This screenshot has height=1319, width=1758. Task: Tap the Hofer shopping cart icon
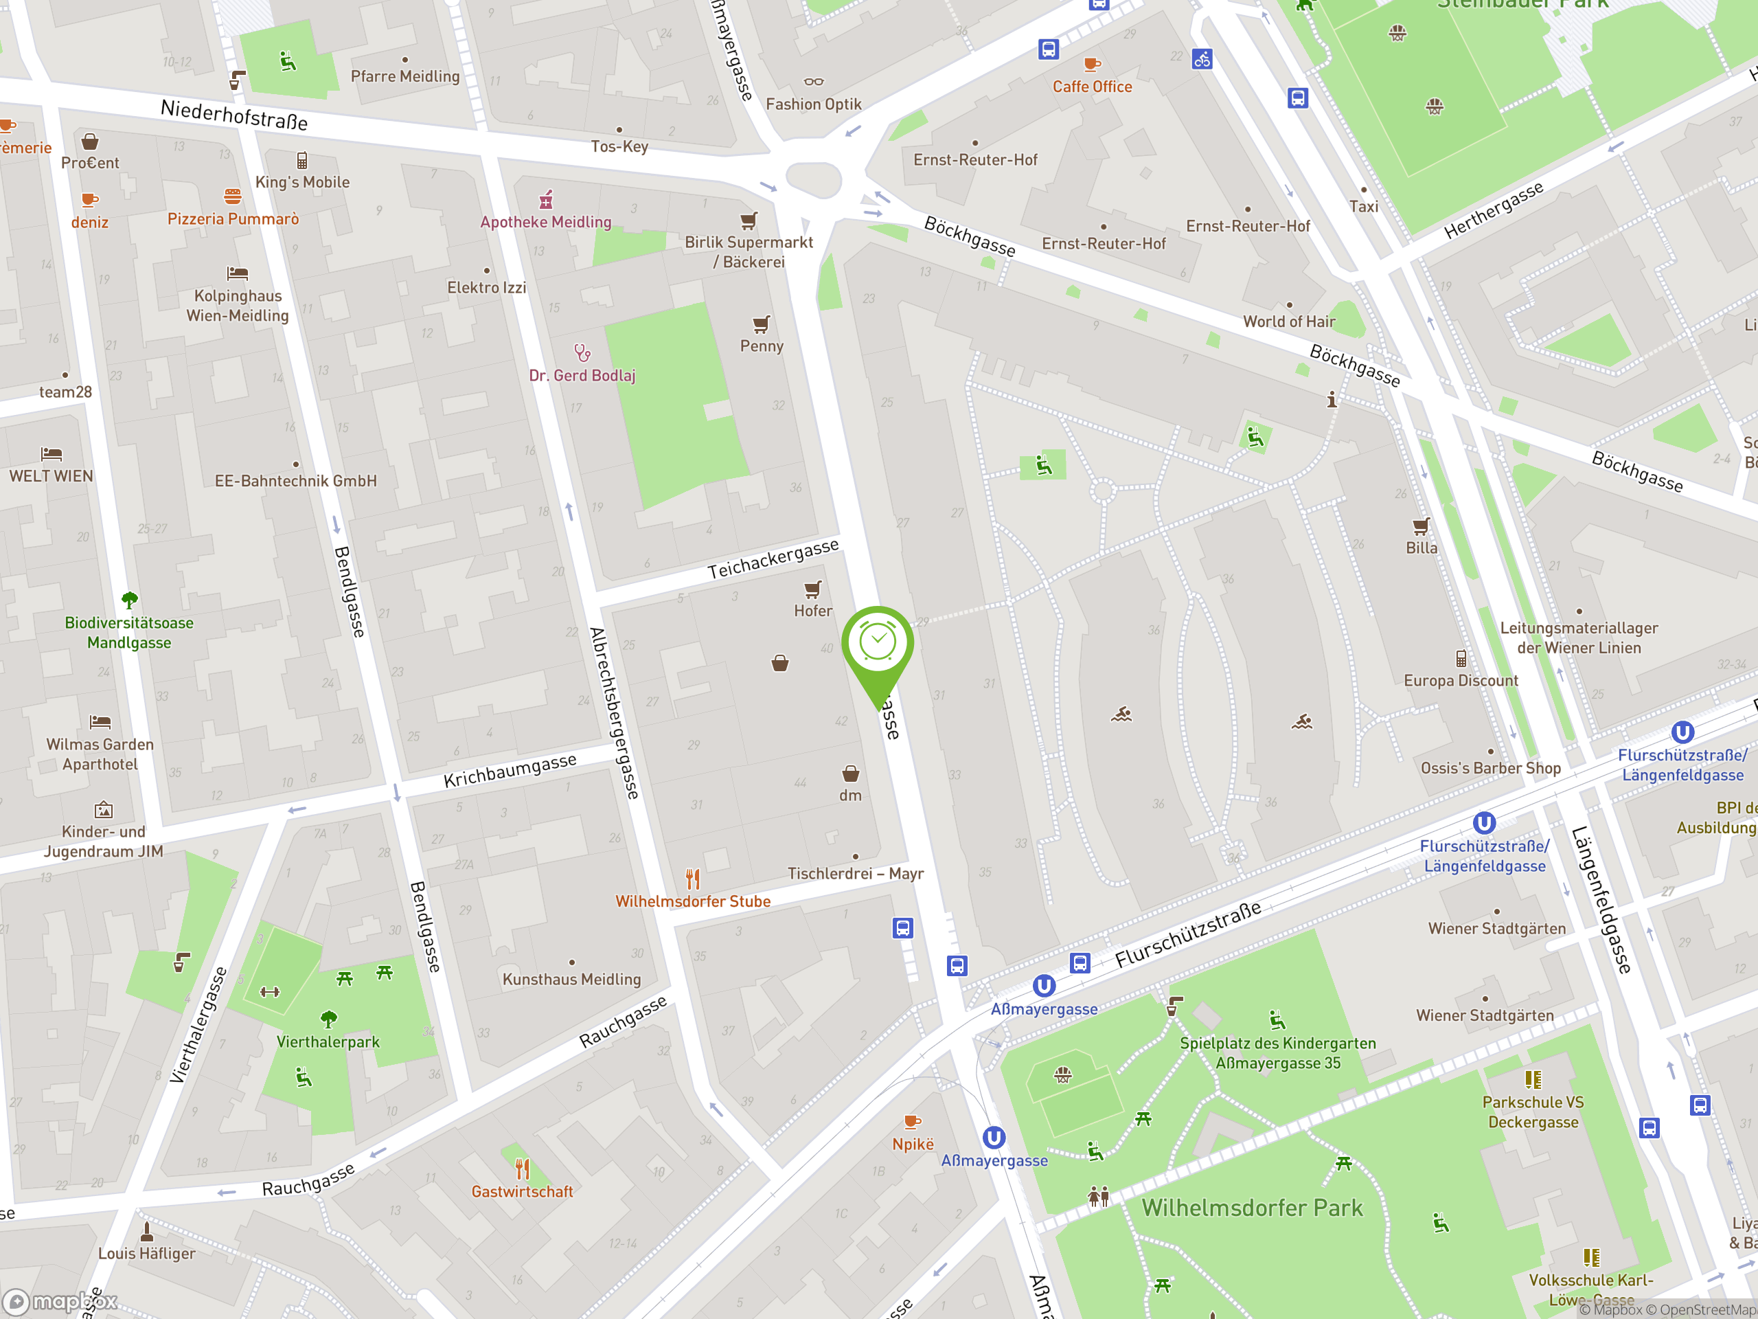pos(812,589)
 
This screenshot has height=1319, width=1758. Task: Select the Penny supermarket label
pos(762,346)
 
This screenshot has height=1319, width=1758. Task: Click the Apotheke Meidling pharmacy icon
pos(546,199)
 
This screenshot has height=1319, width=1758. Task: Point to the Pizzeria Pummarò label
pos(233,218)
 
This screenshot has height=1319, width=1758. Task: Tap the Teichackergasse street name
pos(773,559)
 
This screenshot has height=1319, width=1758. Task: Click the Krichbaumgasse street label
pos(510,770)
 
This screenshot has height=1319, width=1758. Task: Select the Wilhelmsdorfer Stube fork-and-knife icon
pos(693,879)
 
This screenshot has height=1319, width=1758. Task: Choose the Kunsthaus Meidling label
pos(571,980)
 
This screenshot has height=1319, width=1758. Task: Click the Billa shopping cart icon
pos(1421,526)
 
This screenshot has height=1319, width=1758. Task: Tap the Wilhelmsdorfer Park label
pos(1252,1208)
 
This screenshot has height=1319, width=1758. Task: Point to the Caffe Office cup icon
pos(1092,64)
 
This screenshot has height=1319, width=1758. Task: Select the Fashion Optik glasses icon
pos(813,81)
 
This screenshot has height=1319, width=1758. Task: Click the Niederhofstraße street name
pos(233,115)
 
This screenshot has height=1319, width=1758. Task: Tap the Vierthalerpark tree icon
pos(328,1019)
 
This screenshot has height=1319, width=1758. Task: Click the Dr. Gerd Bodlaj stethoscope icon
pos(582,352)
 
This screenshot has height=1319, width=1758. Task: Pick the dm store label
pos(850,795)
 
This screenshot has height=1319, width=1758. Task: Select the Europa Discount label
pos(1461,681)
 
